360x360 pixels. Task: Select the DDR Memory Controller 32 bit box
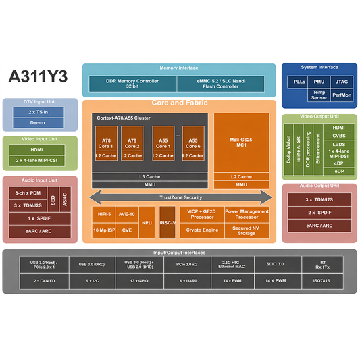click(132, 84)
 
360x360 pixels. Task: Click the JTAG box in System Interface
click(342, 82)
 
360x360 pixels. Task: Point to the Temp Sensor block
click(319, 95)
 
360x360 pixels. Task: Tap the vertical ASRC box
click(65, 200)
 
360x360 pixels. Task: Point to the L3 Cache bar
click(150, 176)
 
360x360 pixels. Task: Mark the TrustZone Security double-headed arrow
click(180, 197)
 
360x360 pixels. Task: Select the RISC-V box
click(168, 223)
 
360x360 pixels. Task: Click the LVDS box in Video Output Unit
click(338, 143)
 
